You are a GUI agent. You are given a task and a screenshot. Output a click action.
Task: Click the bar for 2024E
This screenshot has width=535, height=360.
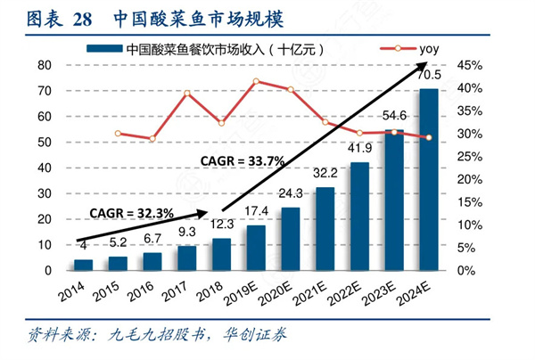[x=428, y=178]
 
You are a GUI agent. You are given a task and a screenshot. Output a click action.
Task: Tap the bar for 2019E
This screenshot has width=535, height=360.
[x=257, y=247]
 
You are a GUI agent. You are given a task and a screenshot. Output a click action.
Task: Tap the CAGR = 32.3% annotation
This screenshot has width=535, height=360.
[x=124, y=213]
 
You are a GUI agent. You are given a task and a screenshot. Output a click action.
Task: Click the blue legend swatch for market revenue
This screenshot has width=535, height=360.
[x=103, y=49]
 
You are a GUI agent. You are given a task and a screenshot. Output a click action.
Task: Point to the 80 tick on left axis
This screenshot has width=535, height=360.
[x=45, y=65]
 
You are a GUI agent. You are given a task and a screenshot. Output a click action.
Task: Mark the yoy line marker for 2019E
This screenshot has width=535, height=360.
[x=257, y=81]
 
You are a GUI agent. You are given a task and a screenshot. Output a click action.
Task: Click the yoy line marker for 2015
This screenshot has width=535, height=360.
[x=118, y=133]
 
